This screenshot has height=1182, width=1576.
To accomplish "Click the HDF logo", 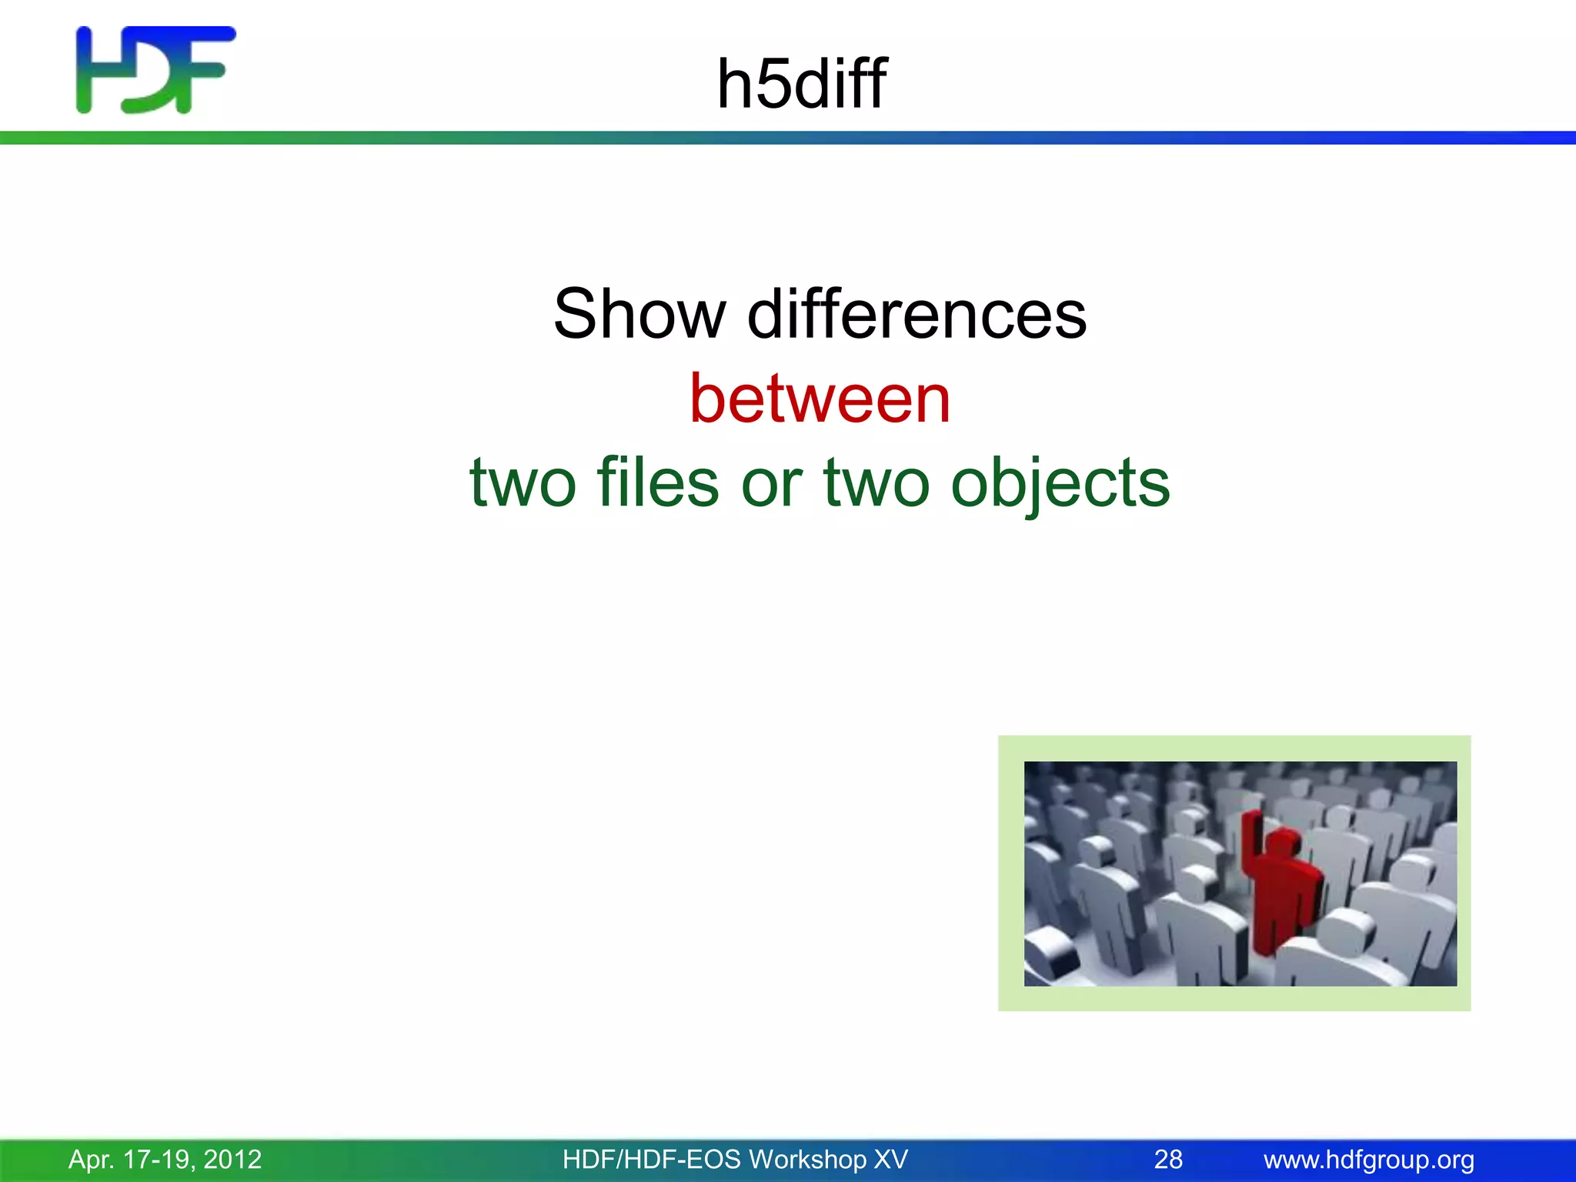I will [155, 70].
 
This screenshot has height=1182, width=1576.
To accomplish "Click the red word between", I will [820, 399].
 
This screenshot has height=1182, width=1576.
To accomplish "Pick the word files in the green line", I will [658, 482].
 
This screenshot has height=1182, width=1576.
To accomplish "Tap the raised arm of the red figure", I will [1252, 839].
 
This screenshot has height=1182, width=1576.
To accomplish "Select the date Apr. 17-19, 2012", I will [165, 1159].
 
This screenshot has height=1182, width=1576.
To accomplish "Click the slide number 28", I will [1168, 1159].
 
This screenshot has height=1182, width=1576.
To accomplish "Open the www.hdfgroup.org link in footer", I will [1368, 1159].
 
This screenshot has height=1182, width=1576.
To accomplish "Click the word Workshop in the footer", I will [807, 1159].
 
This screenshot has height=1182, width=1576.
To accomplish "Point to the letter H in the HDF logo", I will [96, 70].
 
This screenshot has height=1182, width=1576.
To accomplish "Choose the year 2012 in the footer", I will [232, 1159].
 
